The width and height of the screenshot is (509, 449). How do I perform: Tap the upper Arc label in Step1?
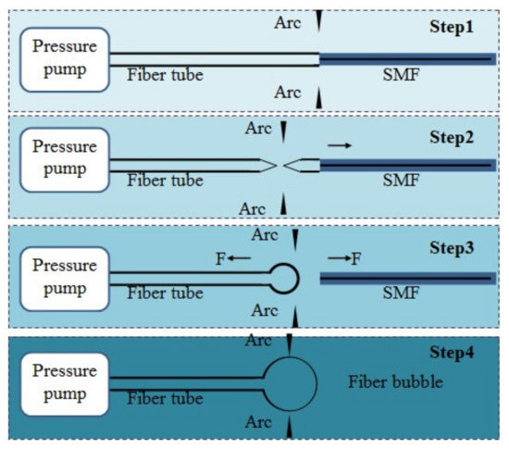(x=286, y=20)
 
